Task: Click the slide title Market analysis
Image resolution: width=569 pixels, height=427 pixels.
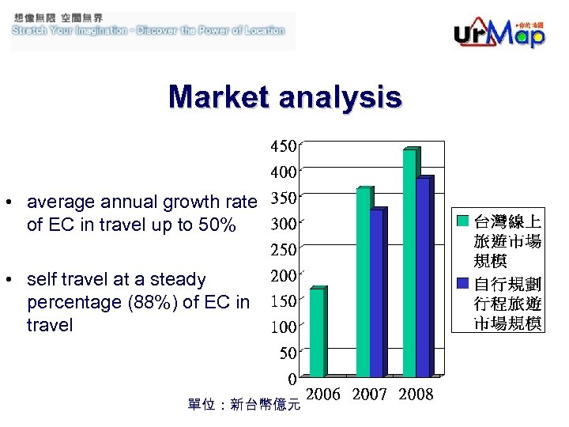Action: [284, 97]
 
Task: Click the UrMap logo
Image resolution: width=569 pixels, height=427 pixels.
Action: [499, 33]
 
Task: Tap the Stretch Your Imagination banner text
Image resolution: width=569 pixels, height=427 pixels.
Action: [148, 30]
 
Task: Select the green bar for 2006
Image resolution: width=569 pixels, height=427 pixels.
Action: [316, 332]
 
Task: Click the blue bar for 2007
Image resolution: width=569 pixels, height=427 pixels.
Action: [376, 293]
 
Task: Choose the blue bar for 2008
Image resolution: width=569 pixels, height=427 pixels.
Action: [423, 277]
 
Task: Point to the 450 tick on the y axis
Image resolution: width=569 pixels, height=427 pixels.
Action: [284, 146]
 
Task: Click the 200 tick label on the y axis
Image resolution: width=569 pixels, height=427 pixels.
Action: [284, 275]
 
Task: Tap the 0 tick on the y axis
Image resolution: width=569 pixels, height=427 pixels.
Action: [292, 377]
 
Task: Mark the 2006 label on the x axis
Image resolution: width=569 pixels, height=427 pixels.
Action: [322, 394]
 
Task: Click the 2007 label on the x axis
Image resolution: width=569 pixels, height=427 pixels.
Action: [369, 394]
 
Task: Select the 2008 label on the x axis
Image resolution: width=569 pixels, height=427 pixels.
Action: [416, 394]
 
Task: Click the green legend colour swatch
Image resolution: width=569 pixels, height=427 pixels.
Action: [464, 220]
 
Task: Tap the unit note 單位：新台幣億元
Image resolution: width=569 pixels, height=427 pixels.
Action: [243, 405]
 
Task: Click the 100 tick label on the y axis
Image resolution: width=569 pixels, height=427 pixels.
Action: [284, 326]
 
